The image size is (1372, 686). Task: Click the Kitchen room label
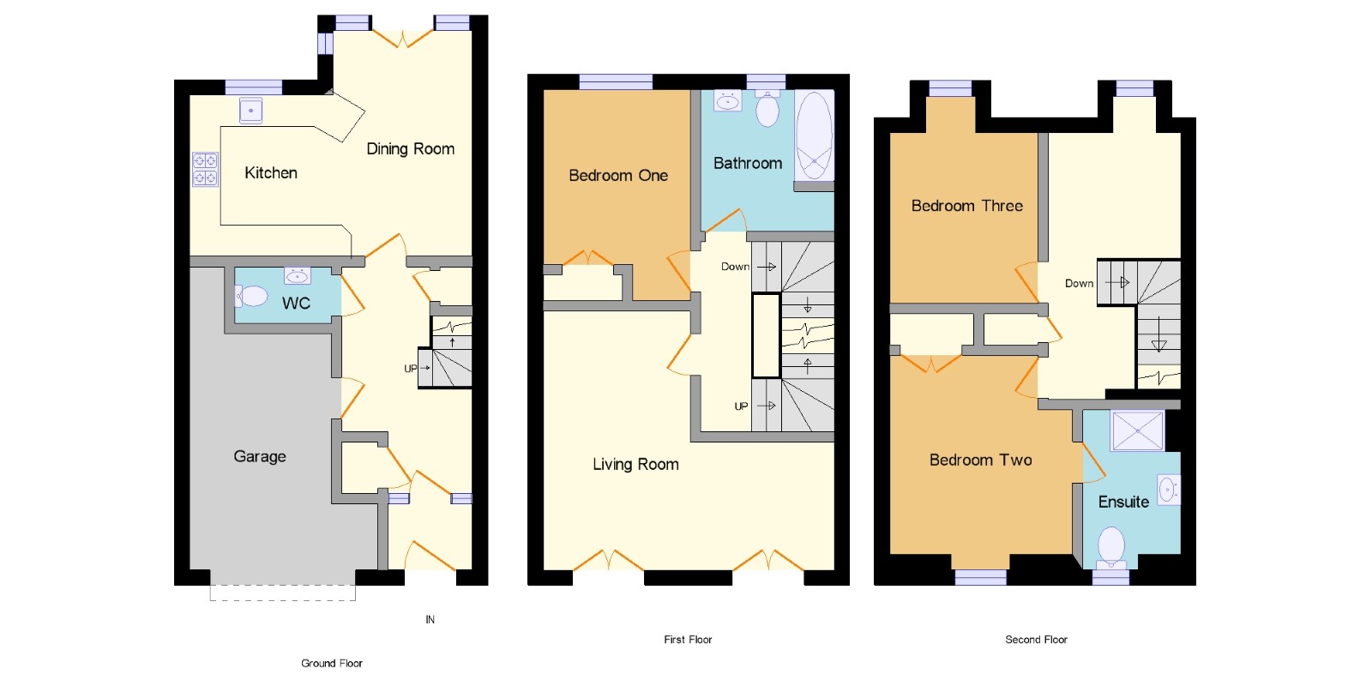click(271, 173)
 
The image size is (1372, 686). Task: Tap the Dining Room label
click(411, 149)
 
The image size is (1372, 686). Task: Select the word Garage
click(260, 457)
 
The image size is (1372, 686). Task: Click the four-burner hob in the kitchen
click(205, 169)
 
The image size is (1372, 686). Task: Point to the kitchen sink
click(251, 111)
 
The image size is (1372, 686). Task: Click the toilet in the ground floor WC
click(252, 297)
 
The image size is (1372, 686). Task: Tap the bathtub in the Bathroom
click(814, 135)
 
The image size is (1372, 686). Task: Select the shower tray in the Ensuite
click(1137, 430)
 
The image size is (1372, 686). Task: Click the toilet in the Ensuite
click(1111, 546)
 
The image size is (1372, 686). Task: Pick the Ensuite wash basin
click(1169, 490)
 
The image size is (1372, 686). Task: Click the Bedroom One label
click(618, 176)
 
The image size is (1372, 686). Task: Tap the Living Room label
click(635, 464)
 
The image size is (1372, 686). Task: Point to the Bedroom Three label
click(967, 206)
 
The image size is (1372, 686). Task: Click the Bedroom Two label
click(981, 460)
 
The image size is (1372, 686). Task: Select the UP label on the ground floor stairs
click(411, 368)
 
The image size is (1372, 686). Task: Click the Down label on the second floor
click(1080, 284)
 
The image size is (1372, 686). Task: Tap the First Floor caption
click(688, 640)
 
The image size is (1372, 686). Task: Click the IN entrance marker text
click(430, 620)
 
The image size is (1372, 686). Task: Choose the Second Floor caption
click(1037, 640)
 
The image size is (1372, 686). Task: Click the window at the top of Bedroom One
click(616, 82)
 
